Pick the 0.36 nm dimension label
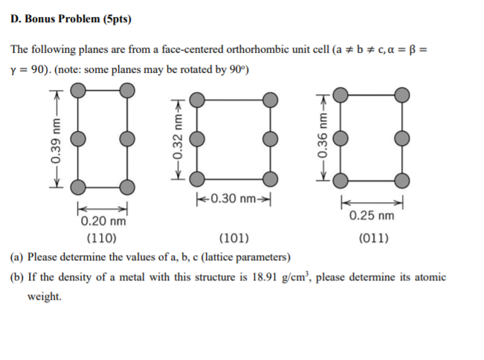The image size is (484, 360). [322, 139]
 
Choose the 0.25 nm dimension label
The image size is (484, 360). [371, 216]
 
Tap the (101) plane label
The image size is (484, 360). [233, 239]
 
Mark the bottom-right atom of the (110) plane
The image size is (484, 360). [127, 185]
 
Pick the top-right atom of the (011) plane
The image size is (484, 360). [402, 94]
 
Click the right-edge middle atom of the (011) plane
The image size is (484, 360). [402, 138]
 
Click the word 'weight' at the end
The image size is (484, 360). [44, 296]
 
